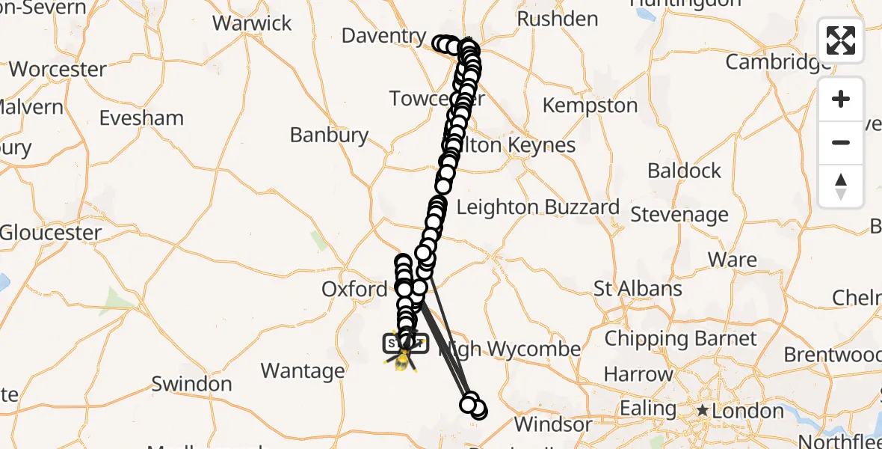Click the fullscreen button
[x=841, y=40]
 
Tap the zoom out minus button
[x=841, y=142]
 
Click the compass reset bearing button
[x=841, y=186]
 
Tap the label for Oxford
[x=354, y=289]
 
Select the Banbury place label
[x=330, y=135]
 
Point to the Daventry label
[x=383, y=35]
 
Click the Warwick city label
[x=252, y=22]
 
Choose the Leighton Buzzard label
[x=537, y=207]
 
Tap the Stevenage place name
[x=679, y=216]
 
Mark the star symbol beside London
[x=703, y=411]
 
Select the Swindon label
[x=191, y=385]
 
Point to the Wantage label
[x=303, y=370]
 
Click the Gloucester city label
[x=51, y=233]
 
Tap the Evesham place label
[x=141, y=118]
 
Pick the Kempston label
[x=590, y=106]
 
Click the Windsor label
[x=553, y=425]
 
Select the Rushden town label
[x=557, y=19]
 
